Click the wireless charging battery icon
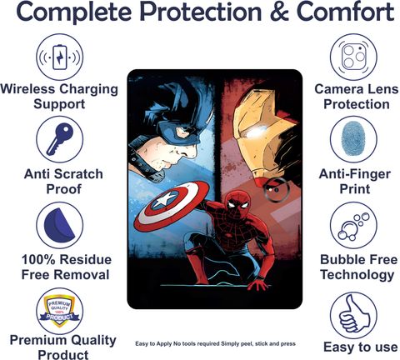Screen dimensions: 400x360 tap(60, 57)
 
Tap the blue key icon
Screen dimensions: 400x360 tap(60, 139)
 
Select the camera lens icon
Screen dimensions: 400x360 tap(353, 57)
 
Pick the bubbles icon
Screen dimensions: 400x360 tap(353, 227)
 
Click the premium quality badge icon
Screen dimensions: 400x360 tap(59, 311)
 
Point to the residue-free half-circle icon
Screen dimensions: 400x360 tap(59, 224)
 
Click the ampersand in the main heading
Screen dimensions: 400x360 tap(280, 12)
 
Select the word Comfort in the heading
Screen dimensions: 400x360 tap(345, 12)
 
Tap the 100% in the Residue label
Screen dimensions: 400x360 tap(38, 260)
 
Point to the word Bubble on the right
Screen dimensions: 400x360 tap(342, 260)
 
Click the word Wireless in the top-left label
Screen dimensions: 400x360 tap(27, 89)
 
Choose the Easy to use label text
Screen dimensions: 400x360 tap(360, 347)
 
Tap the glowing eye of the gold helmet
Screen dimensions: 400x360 tap(255, 133)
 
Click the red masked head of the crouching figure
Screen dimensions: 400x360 tap(237, 202)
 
